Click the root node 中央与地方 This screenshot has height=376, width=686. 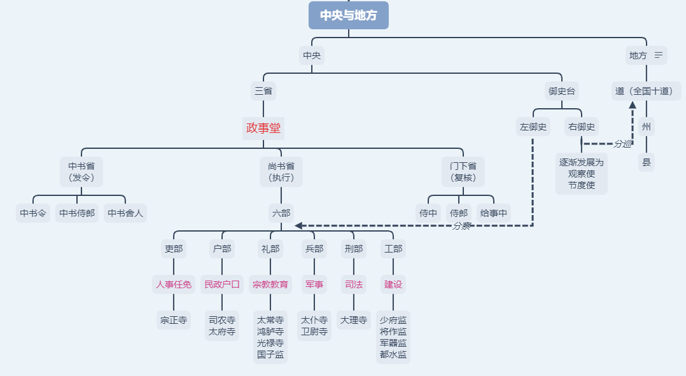348,15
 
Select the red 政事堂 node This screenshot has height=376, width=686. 263,128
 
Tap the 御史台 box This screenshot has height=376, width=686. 561,91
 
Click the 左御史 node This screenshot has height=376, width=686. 533,127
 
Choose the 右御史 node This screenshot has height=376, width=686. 582,127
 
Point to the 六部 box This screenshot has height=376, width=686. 281,213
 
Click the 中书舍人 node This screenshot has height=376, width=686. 125,213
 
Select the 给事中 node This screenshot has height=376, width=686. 494,213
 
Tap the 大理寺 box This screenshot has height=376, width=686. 354,320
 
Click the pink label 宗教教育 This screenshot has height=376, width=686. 270,284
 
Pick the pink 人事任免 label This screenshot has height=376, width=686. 174,284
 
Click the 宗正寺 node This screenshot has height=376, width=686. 174,320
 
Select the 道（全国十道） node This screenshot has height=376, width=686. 647,91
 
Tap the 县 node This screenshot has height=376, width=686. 647,162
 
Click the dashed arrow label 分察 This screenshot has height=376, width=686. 461,226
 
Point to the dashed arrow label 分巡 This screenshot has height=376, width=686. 622,144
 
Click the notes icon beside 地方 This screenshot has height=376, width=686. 659,55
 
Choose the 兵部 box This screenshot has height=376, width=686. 314,249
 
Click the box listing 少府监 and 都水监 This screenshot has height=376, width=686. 393,337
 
